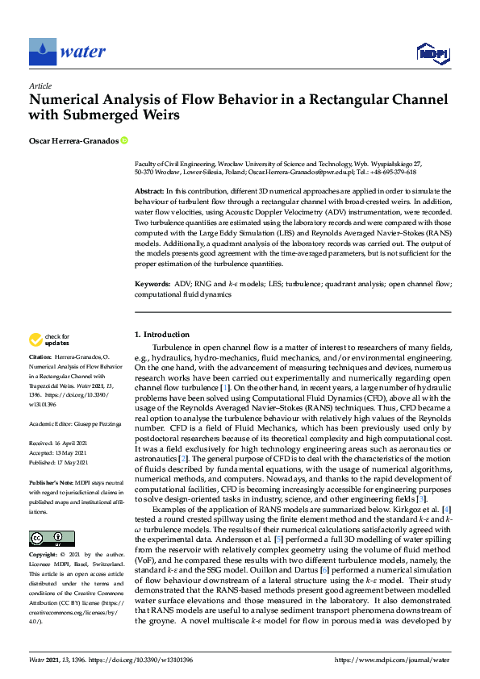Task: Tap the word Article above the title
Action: (x=40, y=85)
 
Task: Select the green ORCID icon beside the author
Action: (x=124, y=140)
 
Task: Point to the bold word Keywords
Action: (x=152, y=285)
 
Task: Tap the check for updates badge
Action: (x=48, y=341)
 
